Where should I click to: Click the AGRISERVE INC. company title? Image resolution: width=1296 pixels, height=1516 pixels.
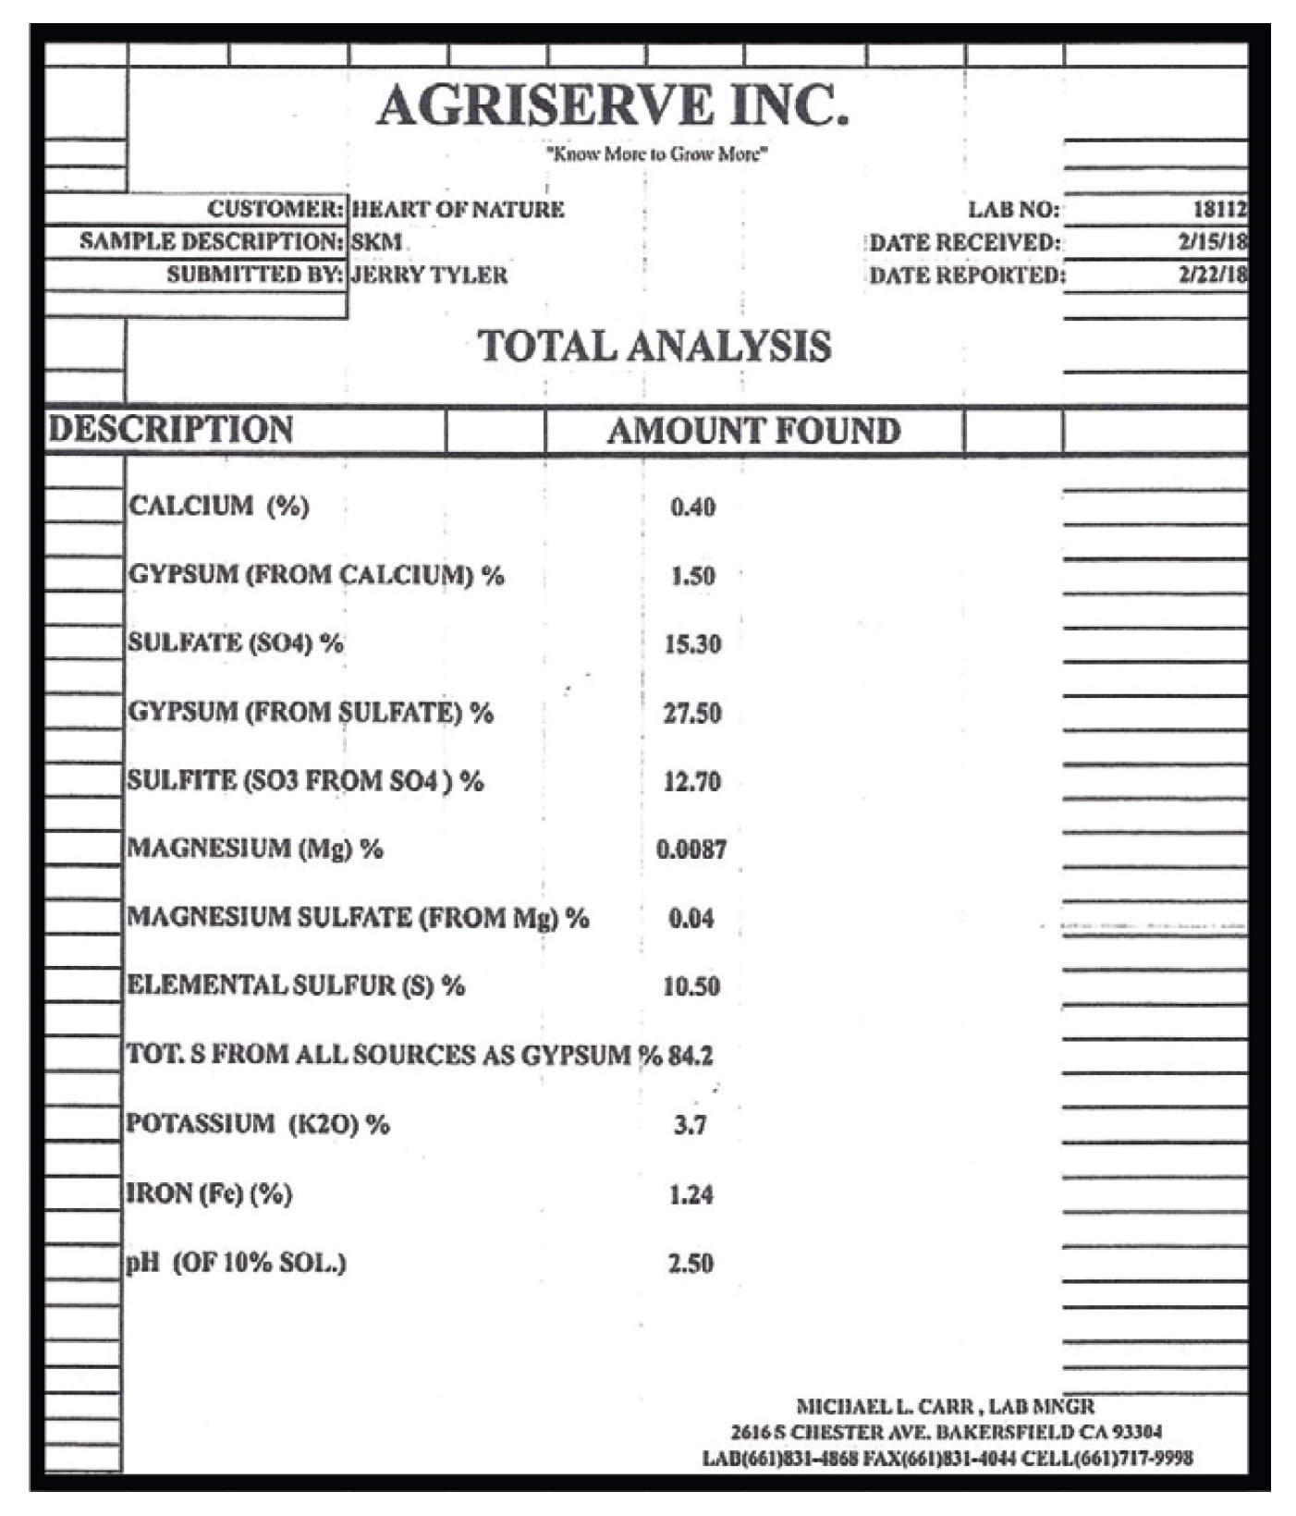pos(612,105)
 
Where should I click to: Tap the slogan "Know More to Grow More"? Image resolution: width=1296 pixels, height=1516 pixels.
pos(656,154)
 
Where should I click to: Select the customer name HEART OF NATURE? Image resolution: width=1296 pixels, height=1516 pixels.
pos(458,209)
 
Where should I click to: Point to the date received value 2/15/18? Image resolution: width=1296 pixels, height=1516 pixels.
pos(1212,242)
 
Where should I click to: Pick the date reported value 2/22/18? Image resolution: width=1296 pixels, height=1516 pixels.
pos(1212,275)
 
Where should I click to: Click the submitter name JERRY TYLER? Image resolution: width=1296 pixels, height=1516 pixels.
pos(430,275)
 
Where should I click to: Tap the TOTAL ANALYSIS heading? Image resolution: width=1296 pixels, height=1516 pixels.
pos(654,347)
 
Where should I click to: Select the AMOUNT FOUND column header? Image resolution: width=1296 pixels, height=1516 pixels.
pos(753,432)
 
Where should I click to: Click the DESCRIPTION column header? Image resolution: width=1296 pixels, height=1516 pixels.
pos(171,430)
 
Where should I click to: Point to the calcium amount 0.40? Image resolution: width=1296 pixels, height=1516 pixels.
pos(692,507)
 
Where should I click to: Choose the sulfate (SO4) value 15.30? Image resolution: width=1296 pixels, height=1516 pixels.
pos(692,644)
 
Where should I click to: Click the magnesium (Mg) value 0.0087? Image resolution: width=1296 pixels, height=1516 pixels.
pos(691,850)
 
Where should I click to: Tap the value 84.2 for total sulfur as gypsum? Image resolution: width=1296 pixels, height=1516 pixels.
pos(691,1056)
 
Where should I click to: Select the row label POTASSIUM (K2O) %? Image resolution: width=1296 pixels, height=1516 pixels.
pos(258,1124)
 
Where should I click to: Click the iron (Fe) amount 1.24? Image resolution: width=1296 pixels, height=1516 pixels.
pos(691,1195)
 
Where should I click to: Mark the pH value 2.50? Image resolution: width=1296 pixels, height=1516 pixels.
pos(691,1264)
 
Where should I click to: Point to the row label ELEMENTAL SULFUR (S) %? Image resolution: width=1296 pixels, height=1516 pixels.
pos(296,986)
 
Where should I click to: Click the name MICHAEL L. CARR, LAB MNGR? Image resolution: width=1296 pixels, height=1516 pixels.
pos(945,1407)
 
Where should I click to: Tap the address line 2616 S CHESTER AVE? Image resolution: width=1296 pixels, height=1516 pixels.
pos(946,1433)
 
